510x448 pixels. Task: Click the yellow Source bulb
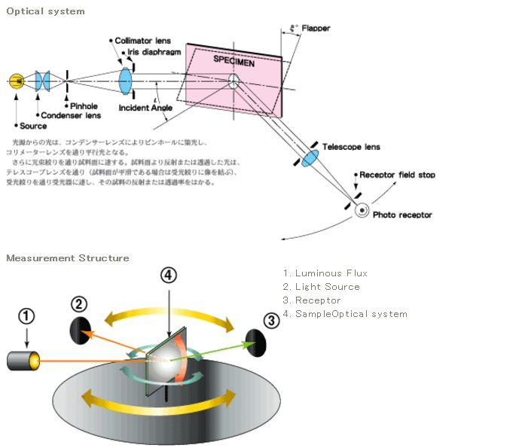point(16,81)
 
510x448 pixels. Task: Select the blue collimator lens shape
point(126,80)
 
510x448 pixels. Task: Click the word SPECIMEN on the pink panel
point(234,60)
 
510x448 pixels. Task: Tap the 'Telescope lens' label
point(351,147)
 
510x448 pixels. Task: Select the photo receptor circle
point(362,211)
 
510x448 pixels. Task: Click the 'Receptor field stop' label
point(397,175)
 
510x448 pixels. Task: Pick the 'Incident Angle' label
point(145,108)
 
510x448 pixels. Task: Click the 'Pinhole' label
point(84,106)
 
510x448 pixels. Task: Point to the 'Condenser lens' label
point(70,115)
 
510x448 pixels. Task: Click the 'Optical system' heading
point(45,11)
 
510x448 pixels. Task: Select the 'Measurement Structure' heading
point(67,258)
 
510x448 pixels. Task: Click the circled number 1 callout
point(26,317)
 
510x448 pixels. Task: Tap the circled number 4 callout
point(169,276)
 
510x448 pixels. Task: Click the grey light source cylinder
point(23,360)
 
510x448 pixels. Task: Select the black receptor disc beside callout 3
point(256,342)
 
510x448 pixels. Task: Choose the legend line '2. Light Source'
point(321,287)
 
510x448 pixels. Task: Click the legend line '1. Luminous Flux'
point(325,273)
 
